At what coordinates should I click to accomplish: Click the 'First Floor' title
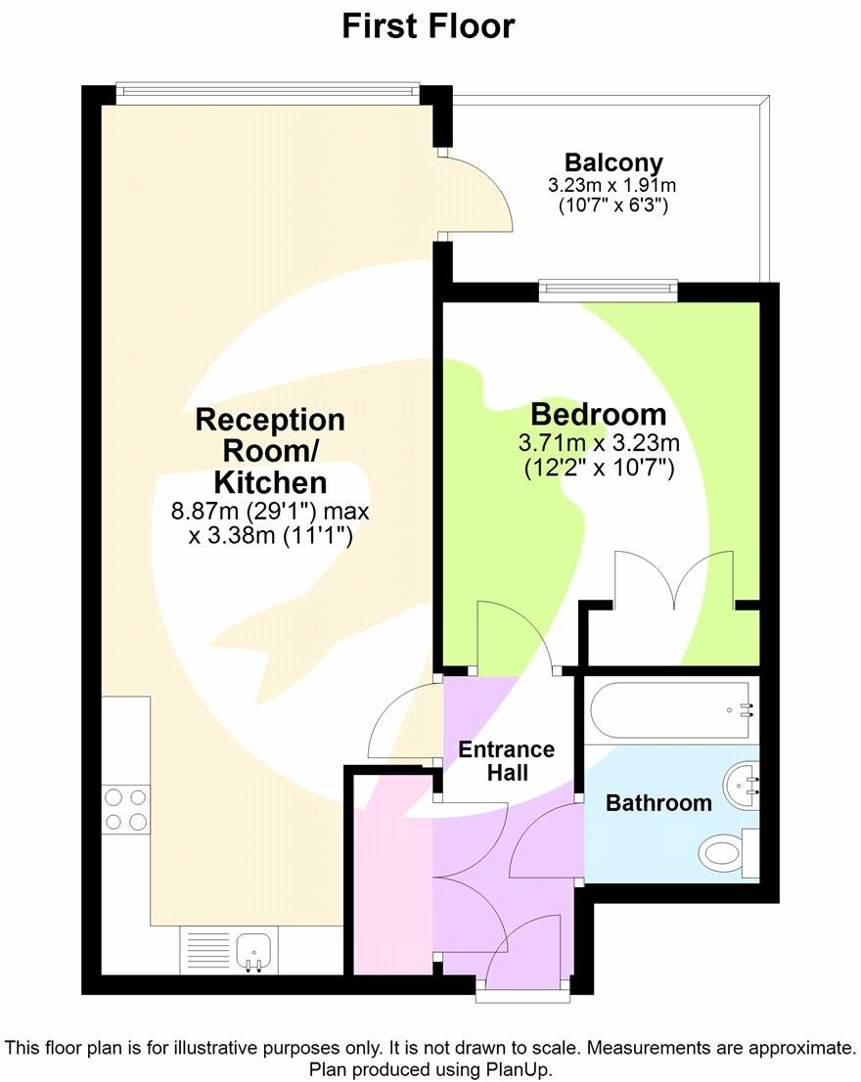tap(429, 26)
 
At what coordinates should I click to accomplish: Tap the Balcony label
tap(613, 162)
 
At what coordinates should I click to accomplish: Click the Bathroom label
tap(658, 803)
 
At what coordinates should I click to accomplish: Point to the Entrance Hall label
tap(507, 761)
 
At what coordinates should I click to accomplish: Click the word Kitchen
tap(271, 482)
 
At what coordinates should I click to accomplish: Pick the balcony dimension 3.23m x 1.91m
tap(613, 185)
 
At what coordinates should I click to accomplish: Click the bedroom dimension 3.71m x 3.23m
tap(599, 443)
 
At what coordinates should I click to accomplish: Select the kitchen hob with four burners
tap(126, 809)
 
